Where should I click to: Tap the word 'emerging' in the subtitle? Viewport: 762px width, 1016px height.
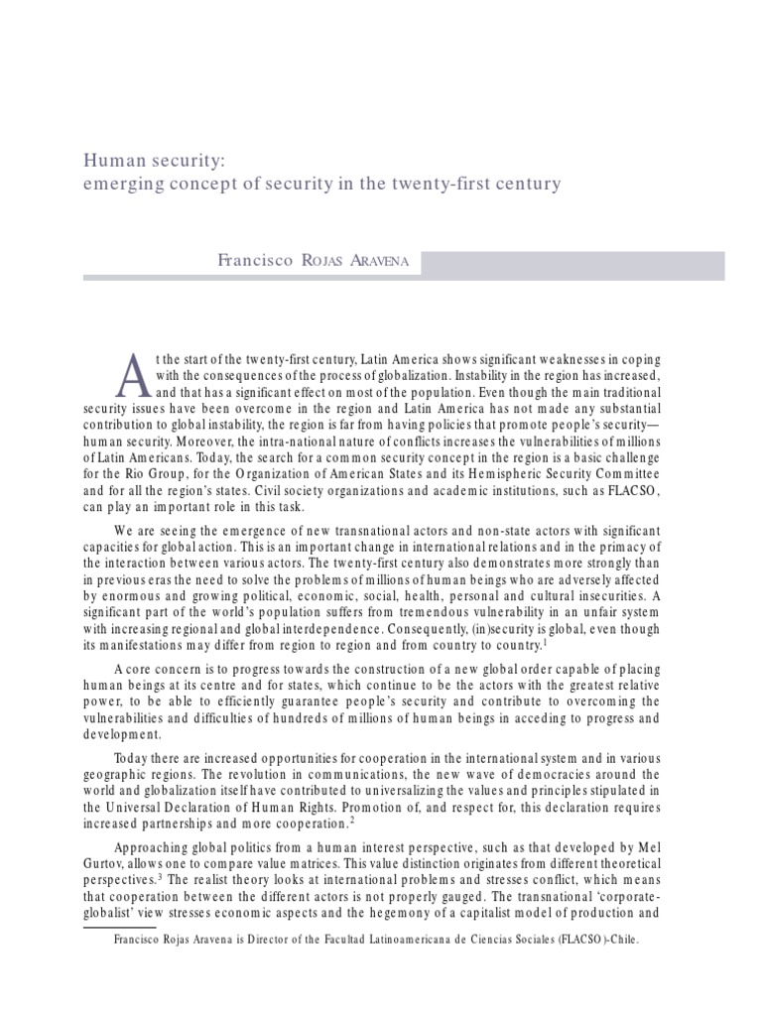(x=119, y=185)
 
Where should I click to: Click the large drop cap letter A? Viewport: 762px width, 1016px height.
(x=131, y=373)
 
